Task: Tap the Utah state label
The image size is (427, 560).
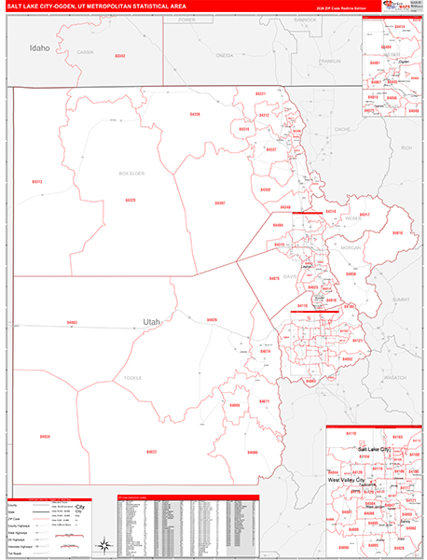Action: pos(151,322)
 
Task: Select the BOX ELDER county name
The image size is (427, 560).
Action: pos(131,173)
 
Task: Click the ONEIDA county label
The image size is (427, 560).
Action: pos(224,56)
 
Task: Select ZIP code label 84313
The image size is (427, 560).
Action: pos(37,182)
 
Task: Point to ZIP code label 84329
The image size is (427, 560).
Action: pos(131,200)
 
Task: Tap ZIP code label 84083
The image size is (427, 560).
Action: pos(72,323)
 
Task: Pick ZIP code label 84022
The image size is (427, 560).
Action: pos(151,452)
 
